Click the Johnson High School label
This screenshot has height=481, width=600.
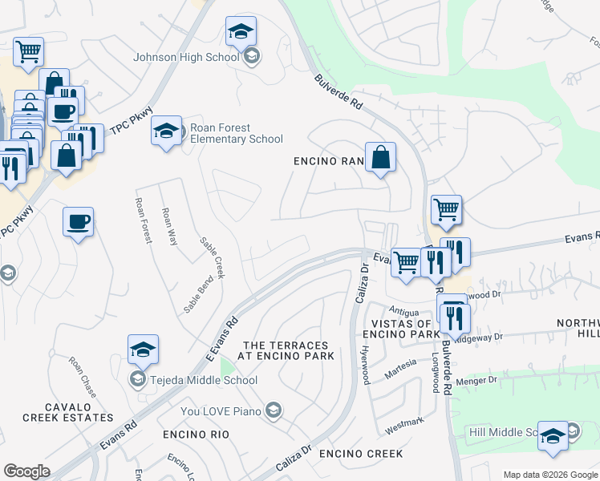[x=186, y=57]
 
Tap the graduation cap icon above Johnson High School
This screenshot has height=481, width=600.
[x=241, y=32]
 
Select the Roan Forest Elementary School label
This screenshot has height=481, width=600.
[x=231, y=133]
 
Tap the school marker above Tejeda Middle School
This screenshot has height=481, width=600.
[x=143, y=350]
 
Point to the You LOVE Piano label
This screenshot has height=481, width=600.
[x=222, y=411]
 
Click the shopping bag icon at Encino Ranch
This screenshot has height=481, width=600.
[x=380, y=158]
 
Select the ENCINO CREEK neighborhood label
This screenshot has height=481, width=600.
[x=361, y=454]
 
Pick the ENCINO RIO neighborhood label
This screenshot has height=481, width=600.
[x=196, y=435]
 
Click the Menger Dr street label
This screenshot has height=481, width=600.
[x=476, y=381]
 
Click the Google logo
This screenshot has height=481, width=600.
[x=26, y=471]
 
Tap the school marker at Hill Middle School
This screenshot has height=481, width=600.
[x=553, y=435]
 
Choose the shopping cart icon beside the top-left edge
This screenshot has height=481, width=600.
[x=29, y=53]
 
